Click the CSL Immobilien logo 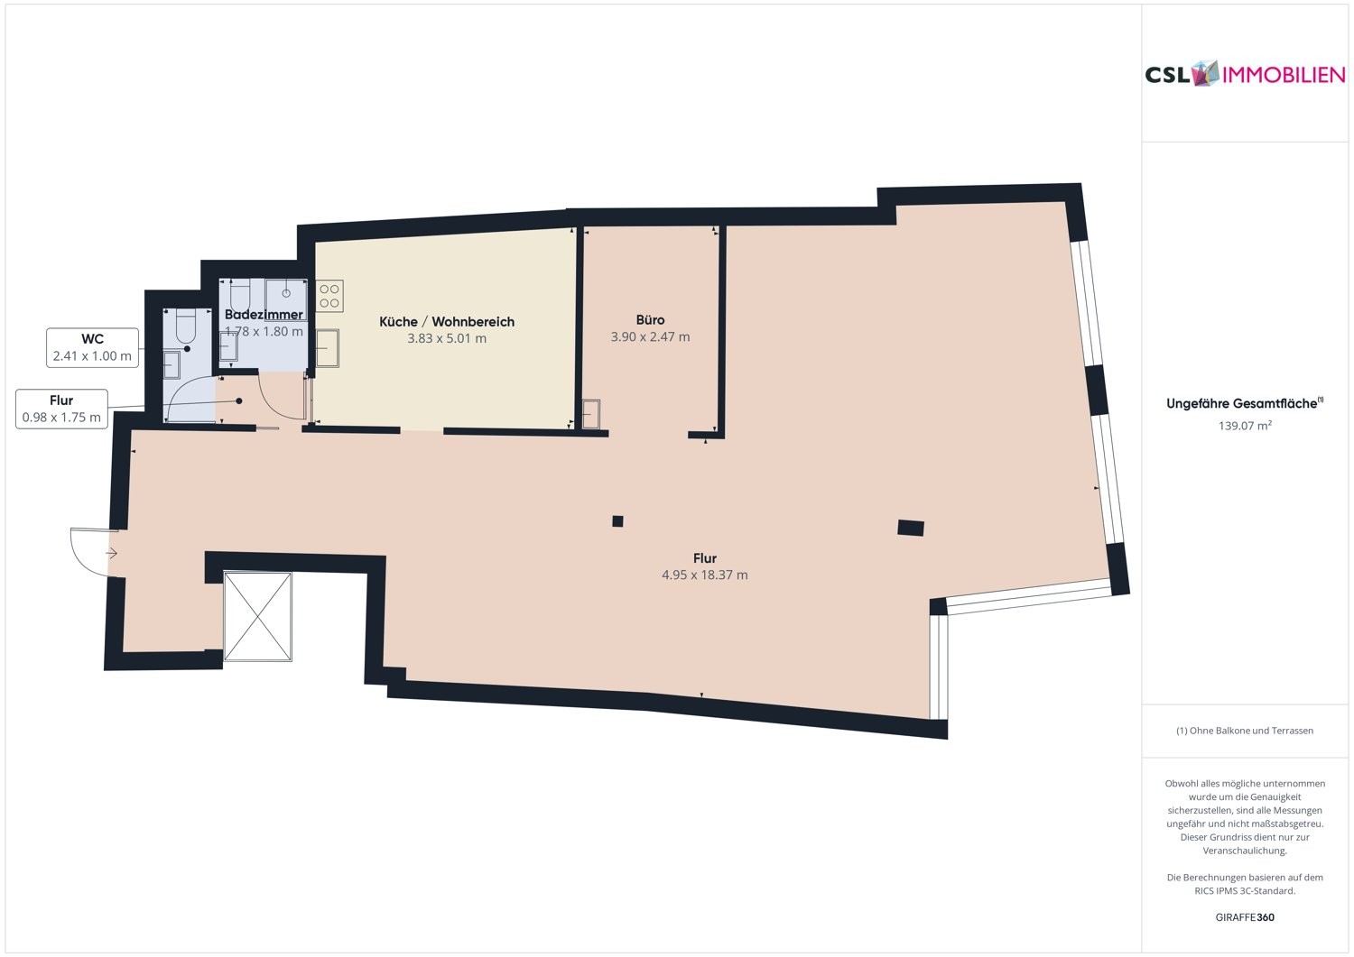1245,74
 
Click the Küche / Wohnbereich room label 447,321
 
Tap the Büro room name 650,319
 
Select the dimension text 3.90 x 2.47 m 650,336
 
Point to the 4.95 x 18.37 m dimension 704,575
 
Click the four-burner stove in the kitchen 329,296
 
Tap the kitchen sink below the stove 327,348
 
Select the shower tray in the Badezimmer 286,299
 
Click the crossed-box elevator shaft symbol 258,616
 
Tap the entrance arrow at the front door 111,553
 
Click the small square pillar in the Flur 617,520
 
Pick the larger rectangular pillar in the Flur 910,528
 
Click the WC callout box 92,347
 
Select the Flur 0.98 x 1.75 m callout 61,409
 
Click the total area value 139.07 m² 1245,426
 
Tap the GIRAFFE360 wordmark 1245,916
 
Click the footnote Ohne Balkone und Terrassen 1245,731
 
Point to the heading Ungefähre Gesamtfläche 1245,403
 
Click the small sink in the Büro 591,414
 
